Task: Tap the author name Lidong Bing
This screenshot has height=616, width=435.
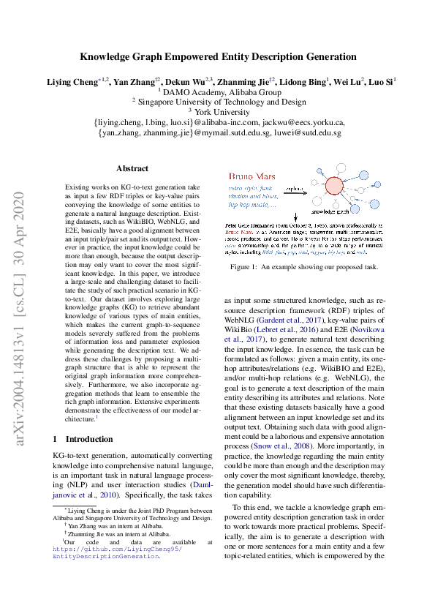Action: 301,82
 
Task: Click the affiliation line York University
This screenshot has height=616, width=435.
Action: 219,112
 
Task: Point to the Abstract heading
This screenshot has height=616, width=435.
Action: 132,168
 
